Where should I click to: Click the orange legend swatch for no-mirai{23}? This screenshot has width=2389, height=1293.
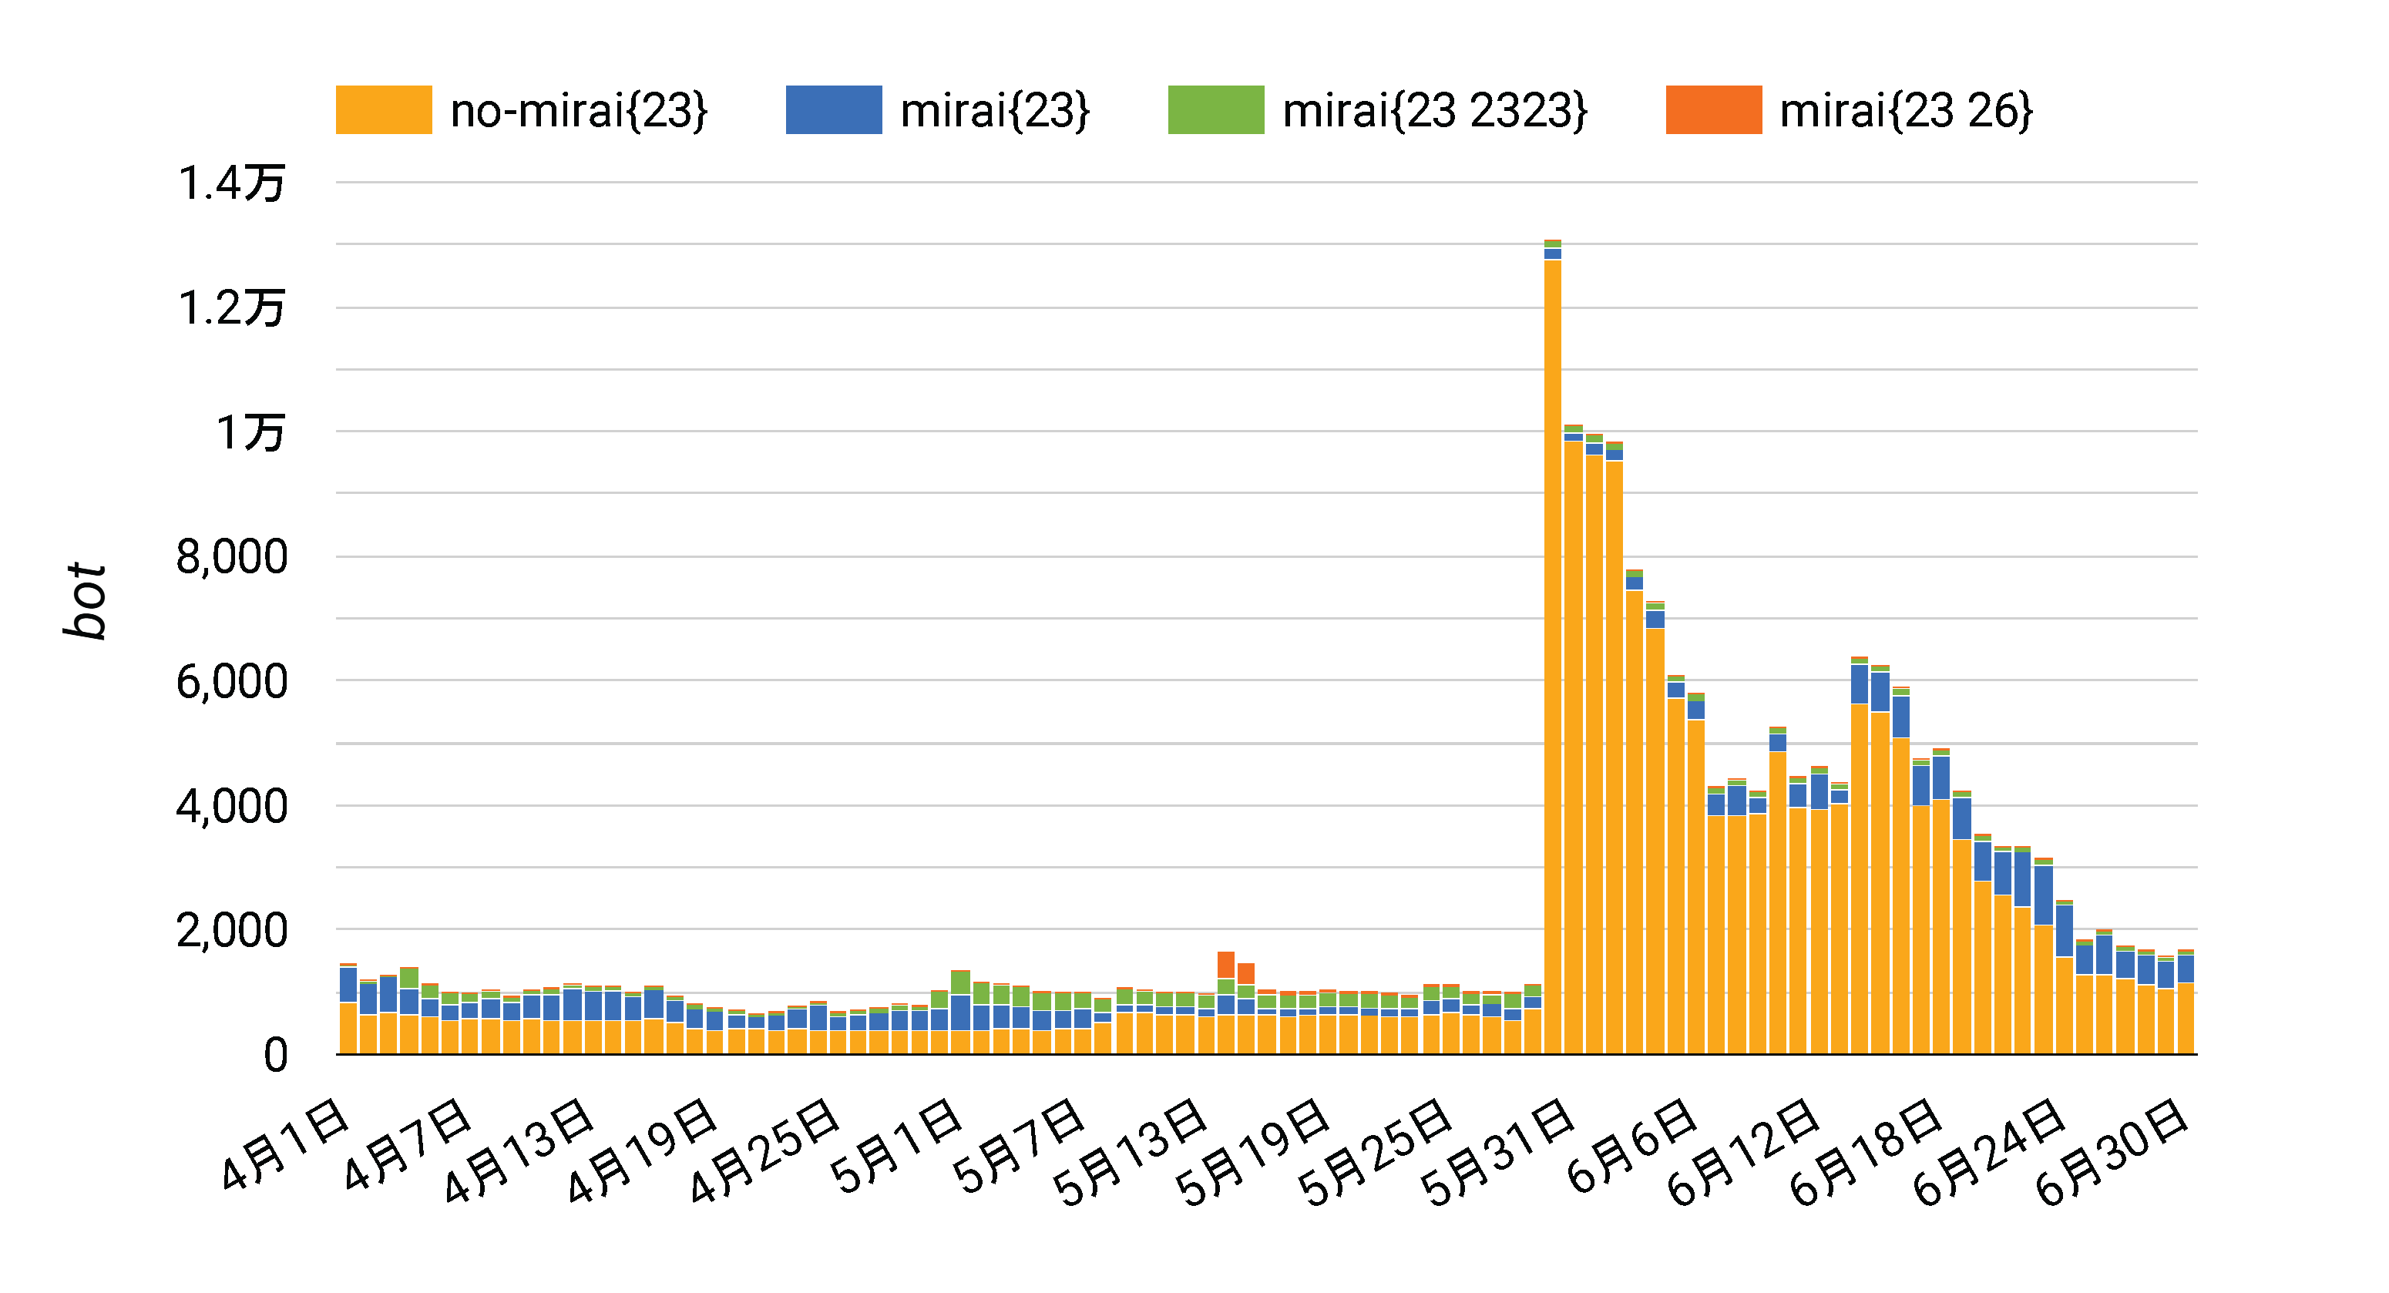point(383,109)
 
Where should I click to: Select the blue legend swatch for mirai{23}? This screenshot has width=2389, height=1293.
point(833,109)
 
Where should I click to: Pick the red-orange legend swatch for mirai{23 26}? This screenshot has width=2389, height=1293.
point(1713,109)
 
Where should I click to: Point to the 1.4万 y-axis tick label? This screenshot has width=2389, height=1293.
point(231,183)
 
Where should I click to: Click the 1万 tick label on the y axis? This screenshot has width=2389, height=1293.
point(250,432)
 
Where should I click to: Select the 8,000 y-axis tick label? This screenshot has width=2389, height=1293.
point(231,557)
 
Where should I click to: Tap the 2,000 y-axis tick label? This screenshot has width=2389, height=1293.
point(231,930)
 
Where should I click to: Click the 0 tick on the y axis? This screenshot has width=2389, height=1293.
point(275,1056)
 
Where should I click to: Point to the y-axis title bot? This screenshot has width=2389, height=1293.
point(86,600)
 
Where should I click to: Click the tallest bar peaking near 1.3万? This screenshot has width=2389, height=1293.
point(1553,650)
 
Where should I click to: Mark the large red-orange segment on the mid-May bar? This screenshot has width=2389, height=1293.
point(1226,965)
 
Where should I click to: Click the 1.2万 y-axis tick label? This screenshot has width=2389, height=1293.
point(231,308)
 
